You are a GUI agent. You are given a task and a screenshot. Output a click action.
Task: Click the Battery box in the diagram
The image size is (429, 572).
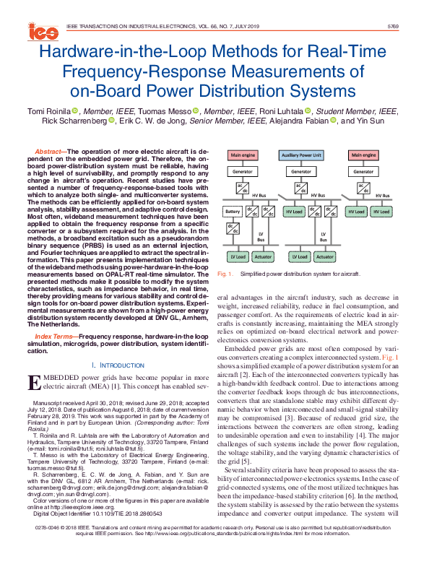[x=233, y=211]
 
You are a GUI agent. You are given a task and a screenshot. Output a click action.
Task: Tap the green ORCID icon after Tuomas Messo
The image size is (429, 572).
[x=196, y=110]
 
